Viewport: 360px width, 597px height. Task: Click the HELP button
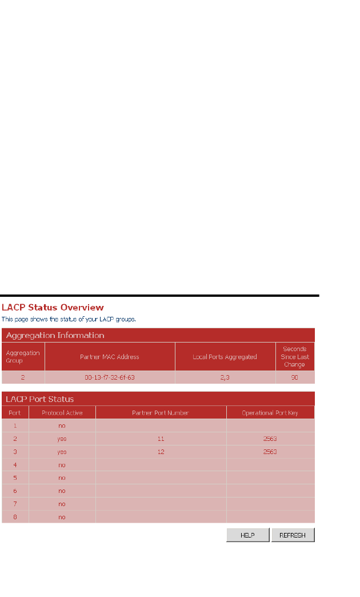click(247, 535)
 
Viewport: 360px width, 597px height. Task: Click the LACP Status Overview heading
click(53, 308)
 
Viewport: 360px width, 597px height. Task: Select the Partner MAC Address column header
click(110, 357)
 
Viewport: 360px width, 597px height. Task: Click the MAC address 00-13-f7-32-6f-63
click(110, 377)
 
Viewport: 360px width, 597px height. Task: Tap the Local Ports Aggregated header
click(225, 357)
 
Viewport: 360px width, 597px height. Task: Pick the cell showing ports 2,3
click(225, 377)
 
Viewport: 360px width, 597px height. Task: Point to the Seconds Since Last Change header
click(295, 356)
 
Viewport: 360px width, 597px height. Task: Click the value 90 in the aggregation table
click(295, 377)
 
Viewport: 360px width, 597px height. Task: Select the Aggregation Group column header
click(23, 357)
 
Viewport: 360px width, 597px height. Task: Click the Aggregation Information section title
click(55, 335)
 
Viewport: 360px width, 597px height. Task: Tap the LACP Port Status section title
click(40, 399)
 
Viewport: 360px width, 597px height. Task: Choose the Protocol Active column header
click(62, 412)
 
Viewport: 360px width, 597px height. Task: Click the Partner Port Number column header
click(161, 412)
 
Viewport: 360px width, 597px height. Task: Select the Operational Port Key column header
click(270, 412)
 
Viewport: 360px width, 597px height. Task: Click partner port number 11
click(161, 439)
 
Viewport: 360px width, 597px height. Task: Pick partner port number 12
click(161, 452)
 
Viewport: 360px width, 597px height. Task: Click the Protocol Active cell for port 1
click(62, 425)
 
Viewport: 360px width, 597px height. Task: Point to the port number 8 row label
click(15, 517)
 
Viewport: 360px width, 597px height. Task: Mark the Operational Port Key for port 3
click(270, 452)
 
